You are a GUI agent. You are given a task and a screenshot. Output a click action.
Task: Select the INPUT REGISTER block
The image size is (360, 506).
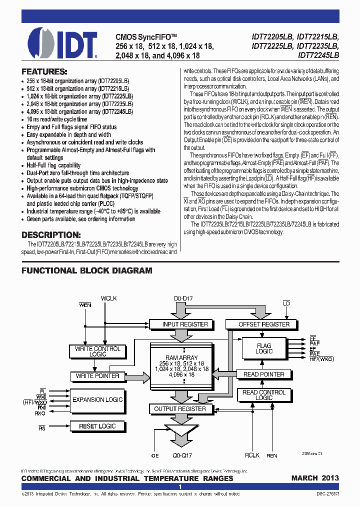click(185, 324)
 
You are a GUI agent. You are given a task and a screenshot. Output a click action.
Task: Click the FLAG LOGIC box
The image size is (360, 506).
click(264, 348)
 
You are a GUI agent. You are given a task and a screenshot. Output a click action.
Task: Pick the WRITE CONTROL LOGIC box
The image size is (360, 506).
click(97, 351)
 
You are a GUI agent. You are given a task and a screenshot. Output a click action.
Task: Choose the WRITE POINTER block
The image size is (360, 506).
click(97, 375)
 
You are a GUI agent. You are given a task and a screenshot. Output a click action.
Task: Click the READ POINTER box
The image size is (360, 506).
click(263, 374)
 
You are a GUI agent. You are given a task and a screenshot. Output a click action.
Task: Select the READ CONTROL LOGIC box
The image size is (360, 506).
click(264, 395)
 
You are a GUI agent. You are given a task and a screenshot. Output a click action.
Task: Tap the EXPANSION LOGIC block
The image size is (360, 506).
click(97, 399)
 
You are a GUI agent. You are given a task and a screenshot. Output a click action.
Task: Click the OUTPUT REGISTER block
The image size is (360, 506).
click(180, 408)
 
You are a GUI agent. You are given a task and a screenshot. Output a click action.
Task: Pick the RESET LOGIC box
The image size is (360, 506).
click(97, 426)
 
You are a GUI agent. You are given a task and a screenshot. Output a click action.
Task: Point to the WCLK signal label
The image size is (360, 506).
click(108, 298)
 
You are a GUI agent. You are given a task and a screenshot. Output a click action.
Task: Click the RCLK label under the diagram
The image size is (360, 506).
click(252, 455)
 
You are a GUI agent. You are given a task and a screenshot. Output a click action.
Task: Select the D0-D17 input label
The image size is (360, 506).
click(184, 298)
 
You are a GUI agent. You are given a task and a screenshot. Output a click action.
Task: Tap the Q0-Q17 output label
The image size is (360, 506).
click(183, 455)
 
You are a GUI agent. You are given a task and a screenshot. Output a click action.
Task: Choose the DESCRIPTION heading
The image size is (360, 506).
click(50, 234)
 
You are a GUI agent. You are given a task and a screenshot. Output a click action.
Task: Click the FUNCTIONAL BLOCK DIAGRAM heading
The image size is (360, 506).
click(86, 270)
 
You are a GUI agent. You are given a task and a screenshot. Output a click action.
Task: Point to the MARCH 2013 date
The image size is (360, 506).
click(315, 478)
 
